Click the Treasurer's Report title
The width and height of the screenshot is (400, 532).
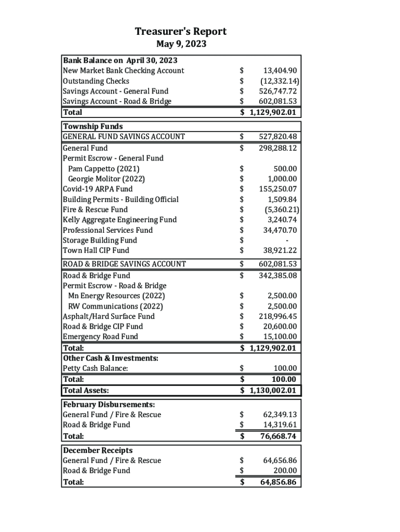[x=181, y=32]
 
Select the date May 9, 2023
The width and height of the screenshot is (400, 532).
[x=181, y=44]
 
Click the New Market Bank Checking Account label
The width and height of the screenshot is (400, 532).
[x=123, y=71]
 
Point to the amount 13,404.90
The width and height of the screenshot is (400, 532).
[x=280, y=71]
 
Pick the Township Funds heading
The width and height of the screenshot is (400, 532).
[x=93, y=126]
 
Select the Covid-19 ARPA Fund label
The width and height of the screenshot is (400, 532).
[x=98, y=189]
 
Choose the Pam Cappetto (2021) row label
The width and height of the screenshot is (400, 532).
[x=103, y=169]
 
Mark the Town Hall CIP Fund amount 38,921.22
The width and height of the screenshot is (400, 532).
[x=280, y=250]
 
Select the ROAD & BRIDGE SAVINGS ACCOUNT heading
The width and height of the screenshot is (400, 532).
[x=124, y=264]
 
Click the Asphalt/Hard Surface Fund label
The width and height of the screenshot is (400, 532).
[x=109, y=316]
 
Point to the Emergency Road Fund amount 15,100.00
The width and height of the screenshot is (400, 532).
[x=280, y=337]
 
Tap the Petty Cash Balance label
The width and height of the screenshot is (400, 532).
[x=95, y=368]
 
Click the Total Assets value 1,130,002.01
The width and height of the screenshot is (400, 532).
[x=273, y=390]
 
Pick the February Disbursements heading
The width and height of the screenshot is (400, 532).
[x=109, y=404]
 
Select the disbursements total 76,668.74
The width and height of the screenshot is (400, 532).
[x=278, y=436]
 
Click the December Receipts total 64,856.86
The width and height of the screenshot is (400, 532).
[x=278, y=482]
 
